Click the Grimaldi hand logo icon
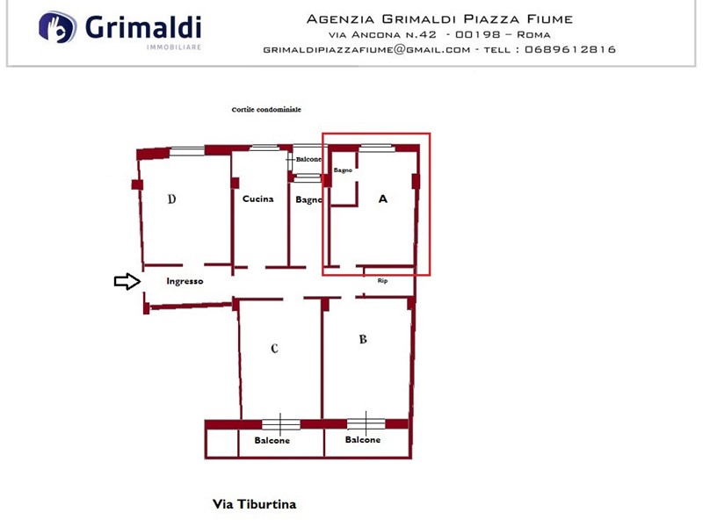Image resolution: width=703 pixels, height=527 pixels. [x=57, y=27]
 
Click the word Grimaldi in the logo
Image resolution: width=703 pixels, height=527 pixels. [x=143, y=27]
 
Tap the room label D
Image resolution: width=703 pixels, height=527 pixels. [x=171, y=199]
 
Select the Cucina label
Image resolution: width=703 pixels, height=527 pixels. [x=257, y=199]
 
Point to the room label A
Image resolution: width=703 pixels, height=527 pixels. [x=382, y=199]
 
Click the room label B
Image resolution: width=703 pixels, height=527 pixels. [x=363, y=339]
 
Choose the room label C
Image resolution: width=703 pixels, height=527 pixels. [x=274, y=348]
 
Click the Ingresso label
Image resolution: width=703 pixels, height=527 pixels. [x=185, y=281]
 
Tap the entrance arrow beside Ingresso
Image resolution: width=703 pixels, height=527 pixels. [x=127, y=281]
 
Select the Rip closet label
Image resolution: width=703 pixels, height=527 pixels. [x=382, y=280]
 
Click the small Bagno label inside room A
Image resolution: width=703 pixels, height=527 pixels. [x=343, y=170]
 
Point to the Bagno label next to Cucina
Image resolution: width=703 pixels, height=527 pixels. [x=309, y=200]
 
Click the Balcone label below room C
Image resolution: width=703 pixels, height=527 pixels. [x=272, y=440]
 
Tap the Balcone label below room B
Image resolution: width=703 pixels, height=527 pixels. [x=363, y=440]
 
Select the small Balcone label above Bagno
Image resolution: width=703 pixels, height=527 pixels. [x=308, y=159]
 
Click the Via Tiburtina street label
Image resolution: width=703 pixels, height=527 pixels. [x=254, y=504]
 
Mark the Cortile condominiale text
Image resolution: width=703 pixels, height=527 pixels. [x=266, y=109]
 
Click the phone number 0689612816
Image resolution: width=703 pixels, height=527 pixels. [x=570, y=49]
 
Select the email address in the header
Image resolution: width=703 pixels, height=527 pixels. [x=366, y=50]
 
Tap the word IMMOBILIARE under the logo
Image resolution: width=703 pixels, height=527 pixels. [x=174, y=47]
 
